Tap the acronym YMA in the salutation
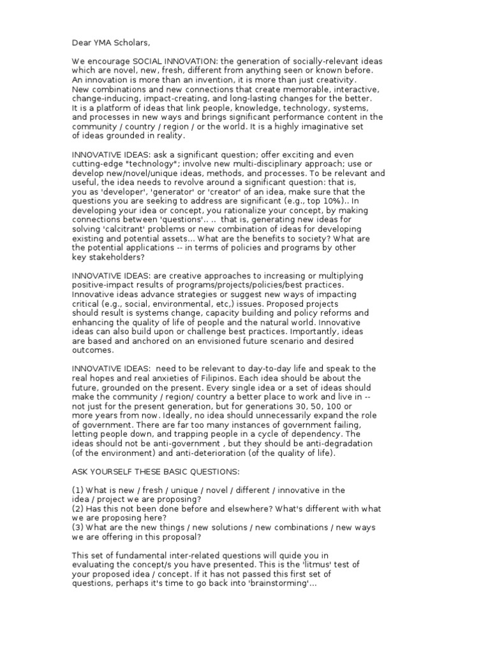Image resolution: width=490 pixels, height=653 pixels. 105,43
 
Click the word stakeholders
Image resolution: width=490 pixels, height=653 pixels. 117,257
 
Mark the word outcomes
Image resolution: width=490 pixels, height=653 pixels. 93,350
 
